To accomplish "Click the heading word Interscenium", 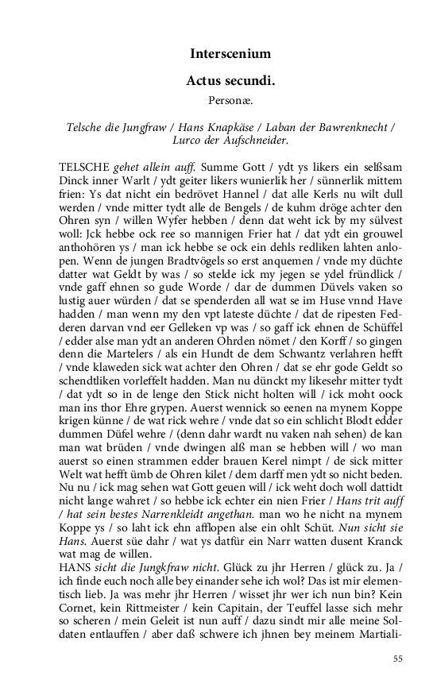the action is click(x=230, y=54).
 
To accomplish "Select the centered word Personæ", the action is click(x=230, y=102).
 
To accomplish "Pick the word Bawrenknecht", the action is click(x=353, y=127).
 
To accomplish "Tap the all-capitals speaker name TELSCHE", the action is click(x=85, y=168).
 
